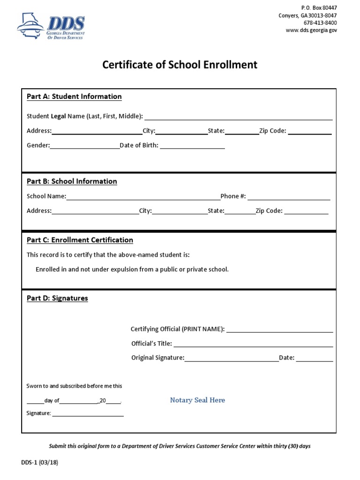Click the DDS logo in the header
[51, 27]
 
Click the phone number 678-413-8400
[320, 23]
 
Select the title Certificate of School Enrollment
[180, 65]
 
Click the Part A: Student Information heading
[74, 97]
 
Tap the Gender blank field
[85, 146]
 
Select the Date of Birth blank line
[192, 146]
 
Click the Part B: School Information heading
[72, 181]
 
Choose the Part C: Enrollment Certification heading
[80, 240]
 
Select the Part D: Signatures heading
[57, 298]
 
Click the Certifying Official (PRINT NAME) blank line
[280, 330]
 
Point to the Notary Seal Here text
[197, 400]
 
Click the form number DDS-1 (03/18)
[40, 462]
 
